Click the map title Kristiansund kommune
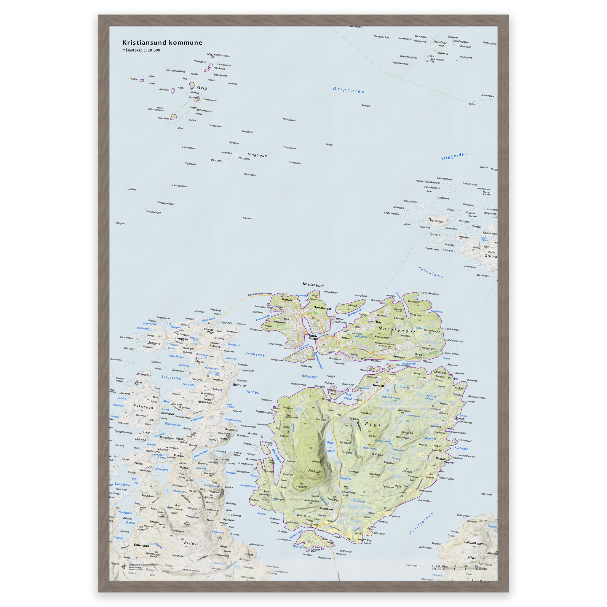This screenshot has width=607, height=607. click(x=162, y=43)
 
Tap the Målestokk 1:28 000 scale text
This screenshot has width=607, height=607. click(x=141, y=50)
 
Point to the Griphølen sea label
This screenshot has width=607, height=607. click(x=349, y=90)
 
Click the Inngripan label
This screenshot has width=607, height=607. click(x=257, y=155)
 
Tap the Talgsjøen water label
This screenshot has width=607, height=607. click(x=430, y=272)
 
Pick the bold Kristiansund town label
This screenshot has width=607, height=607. click(x=313, y=285)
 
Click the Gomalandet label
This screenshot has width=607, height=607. click(x=322, y=308)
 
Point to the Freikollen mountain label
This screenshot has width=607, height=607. click(x=315, y=471)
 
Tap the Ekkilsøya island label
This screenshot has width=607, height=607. click(x=143, y=407)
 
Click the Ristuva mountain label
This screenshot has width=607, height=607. click(x=191, y=543)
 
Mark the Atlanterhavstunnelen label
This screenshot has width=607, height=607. click(x=260, y=294)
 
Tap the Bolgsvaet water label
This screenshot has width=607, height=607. click(x=309, y=376)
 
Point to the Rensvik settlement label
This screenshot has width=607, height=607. click(x=378, y=386)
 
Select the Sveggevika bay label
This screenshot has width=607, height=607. click(x=171, y=377)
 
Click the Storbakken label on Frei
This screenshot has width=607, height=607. click(x=326, y=509)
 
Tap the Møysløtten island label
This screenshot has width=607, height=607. click(x=436, y=221)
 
